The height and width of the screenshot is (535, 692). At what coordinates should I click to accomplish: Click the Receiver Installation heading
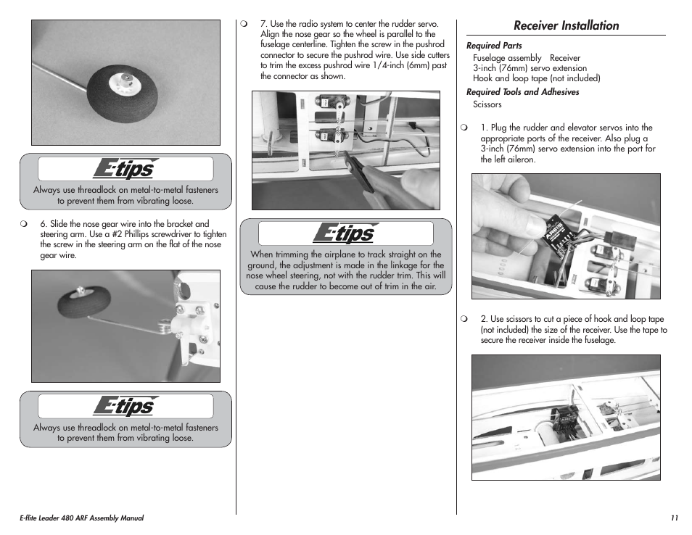click(566, 25)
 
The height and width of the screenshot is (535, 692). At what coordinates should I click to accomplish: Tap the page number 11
click(674, 518)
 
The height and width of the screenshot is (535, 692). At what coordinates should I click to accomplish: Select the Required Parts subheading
click(494, 46)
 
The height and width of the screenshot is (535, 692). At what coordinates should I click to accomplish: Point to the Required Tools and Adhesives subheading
click(522, 92)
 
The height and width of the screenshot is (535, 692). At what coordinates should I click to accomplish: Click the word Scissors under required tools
click(487, 104)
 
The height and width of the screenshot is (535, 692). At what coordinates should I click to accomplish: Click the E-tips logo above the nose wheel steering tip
click(345, 233)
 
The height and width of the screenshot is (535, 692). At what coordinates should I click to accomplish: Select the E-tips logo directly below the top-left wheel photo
click(125, 169)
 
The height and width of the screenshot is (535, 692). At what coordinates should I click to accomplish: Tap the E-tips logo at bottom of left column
click(125, 407)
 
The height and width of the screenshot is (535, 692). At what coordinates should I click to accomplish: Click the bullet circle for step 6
click(25, 224)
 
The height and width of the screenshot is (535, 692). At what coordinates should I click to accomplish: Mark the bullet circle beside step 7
click(245, 24)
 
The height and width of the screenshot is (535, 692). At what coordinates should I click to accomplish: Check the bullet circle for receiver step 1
click(465, 128)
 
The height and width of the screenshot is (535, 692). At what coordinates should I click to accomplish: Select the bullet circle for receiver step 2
click(465, 319)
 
